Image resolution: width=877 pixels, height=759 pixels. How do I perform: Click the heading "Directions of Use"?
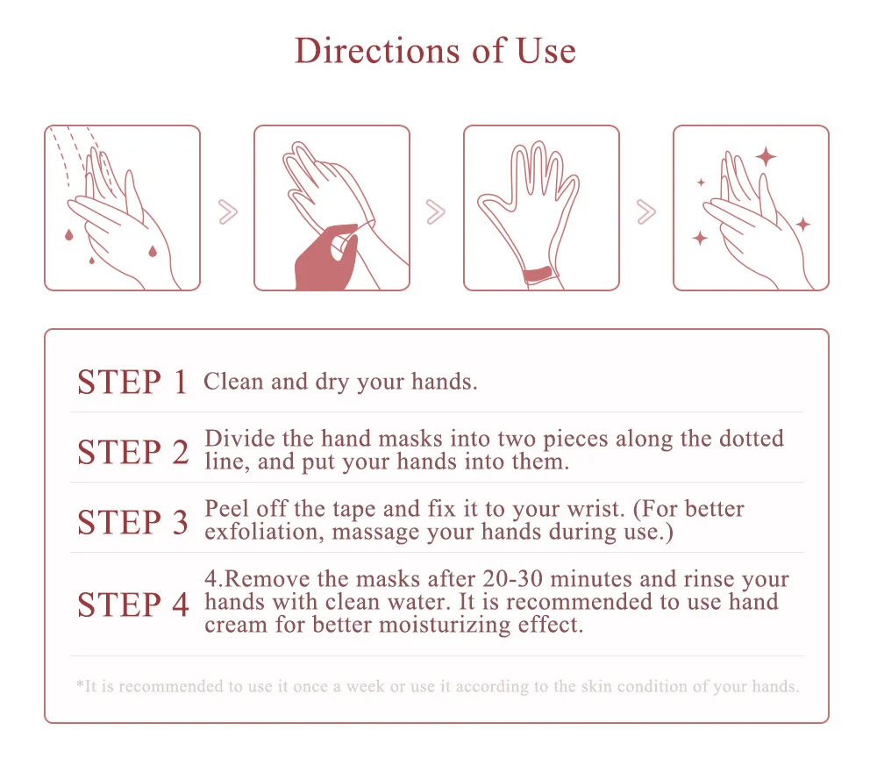[435, 50]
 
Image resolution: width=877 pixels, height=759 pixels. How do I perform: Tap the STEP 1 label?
[132, 383]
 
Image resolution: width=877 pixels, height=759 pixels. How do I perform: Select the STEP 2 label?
[133, 452]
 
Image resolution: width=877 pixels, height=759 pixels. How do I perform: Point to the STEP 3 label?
[132, 522]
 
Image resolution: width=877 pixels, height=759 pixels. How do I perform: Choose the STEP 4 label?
[133, 605]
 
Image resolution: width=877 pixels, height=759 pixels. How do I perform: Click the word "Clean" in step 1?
[233, 381]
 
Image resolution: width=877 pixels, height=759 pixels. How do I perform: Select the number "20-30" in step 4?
[512, 578]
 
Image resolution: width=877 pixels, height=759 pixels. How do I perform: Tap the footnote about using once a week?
[438, 686]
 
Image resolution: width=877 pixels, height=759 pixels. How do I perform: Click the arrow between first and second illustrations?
[228, 211]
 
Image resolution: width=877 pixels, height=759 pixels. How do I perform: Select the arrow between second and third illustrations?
[436, 211]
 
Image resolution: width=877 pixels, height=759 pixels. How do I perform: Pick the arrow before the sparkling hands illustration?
[646, 211]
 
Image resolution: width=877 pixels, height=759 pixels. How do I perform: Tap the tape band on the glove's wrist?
[539, 276]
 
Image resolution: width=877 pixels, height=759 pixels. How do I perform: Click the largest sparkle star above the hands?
[766, 157]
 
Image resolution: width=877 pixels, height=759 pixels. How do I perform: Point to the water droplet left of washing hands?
[68, 234]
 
